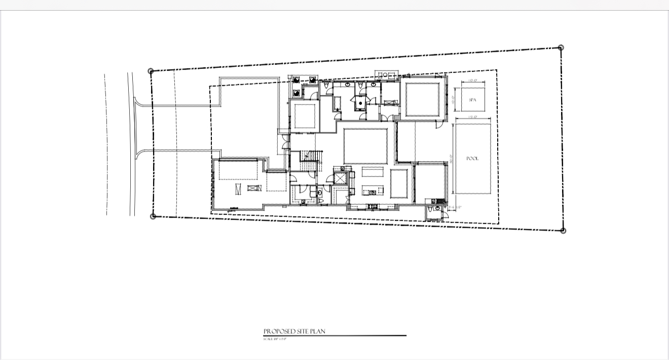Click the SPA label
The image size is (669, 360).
click(x=472, y=100)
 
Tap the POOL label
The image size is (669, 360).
click(x=472, y=159)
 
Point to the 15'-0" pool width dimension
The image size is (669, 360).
click(x=472, y=118)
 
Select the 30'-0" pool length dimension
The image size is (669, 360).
click(x=451, y=159)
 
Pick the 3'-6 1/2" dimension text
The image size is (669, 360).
click(x=455, y=207)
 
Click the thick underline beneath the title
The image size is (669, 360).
click(x=334, y=336)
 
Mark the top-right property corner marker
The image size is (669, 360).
click(x=561, y=48)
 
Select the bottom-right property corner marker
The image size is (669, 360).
click(x=563, y=230)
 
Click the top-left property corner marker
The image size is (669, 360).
click(x=151, y=71)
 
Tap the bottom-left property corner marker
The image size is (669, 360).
click(x=153, y=217)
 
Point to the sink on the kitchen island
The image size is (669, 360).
click(x=373, y=192)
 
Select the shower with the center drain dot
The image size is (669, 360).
click(x=359, y=102)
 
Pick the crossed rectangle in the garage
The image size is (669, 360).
click(x=253, y=189)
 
